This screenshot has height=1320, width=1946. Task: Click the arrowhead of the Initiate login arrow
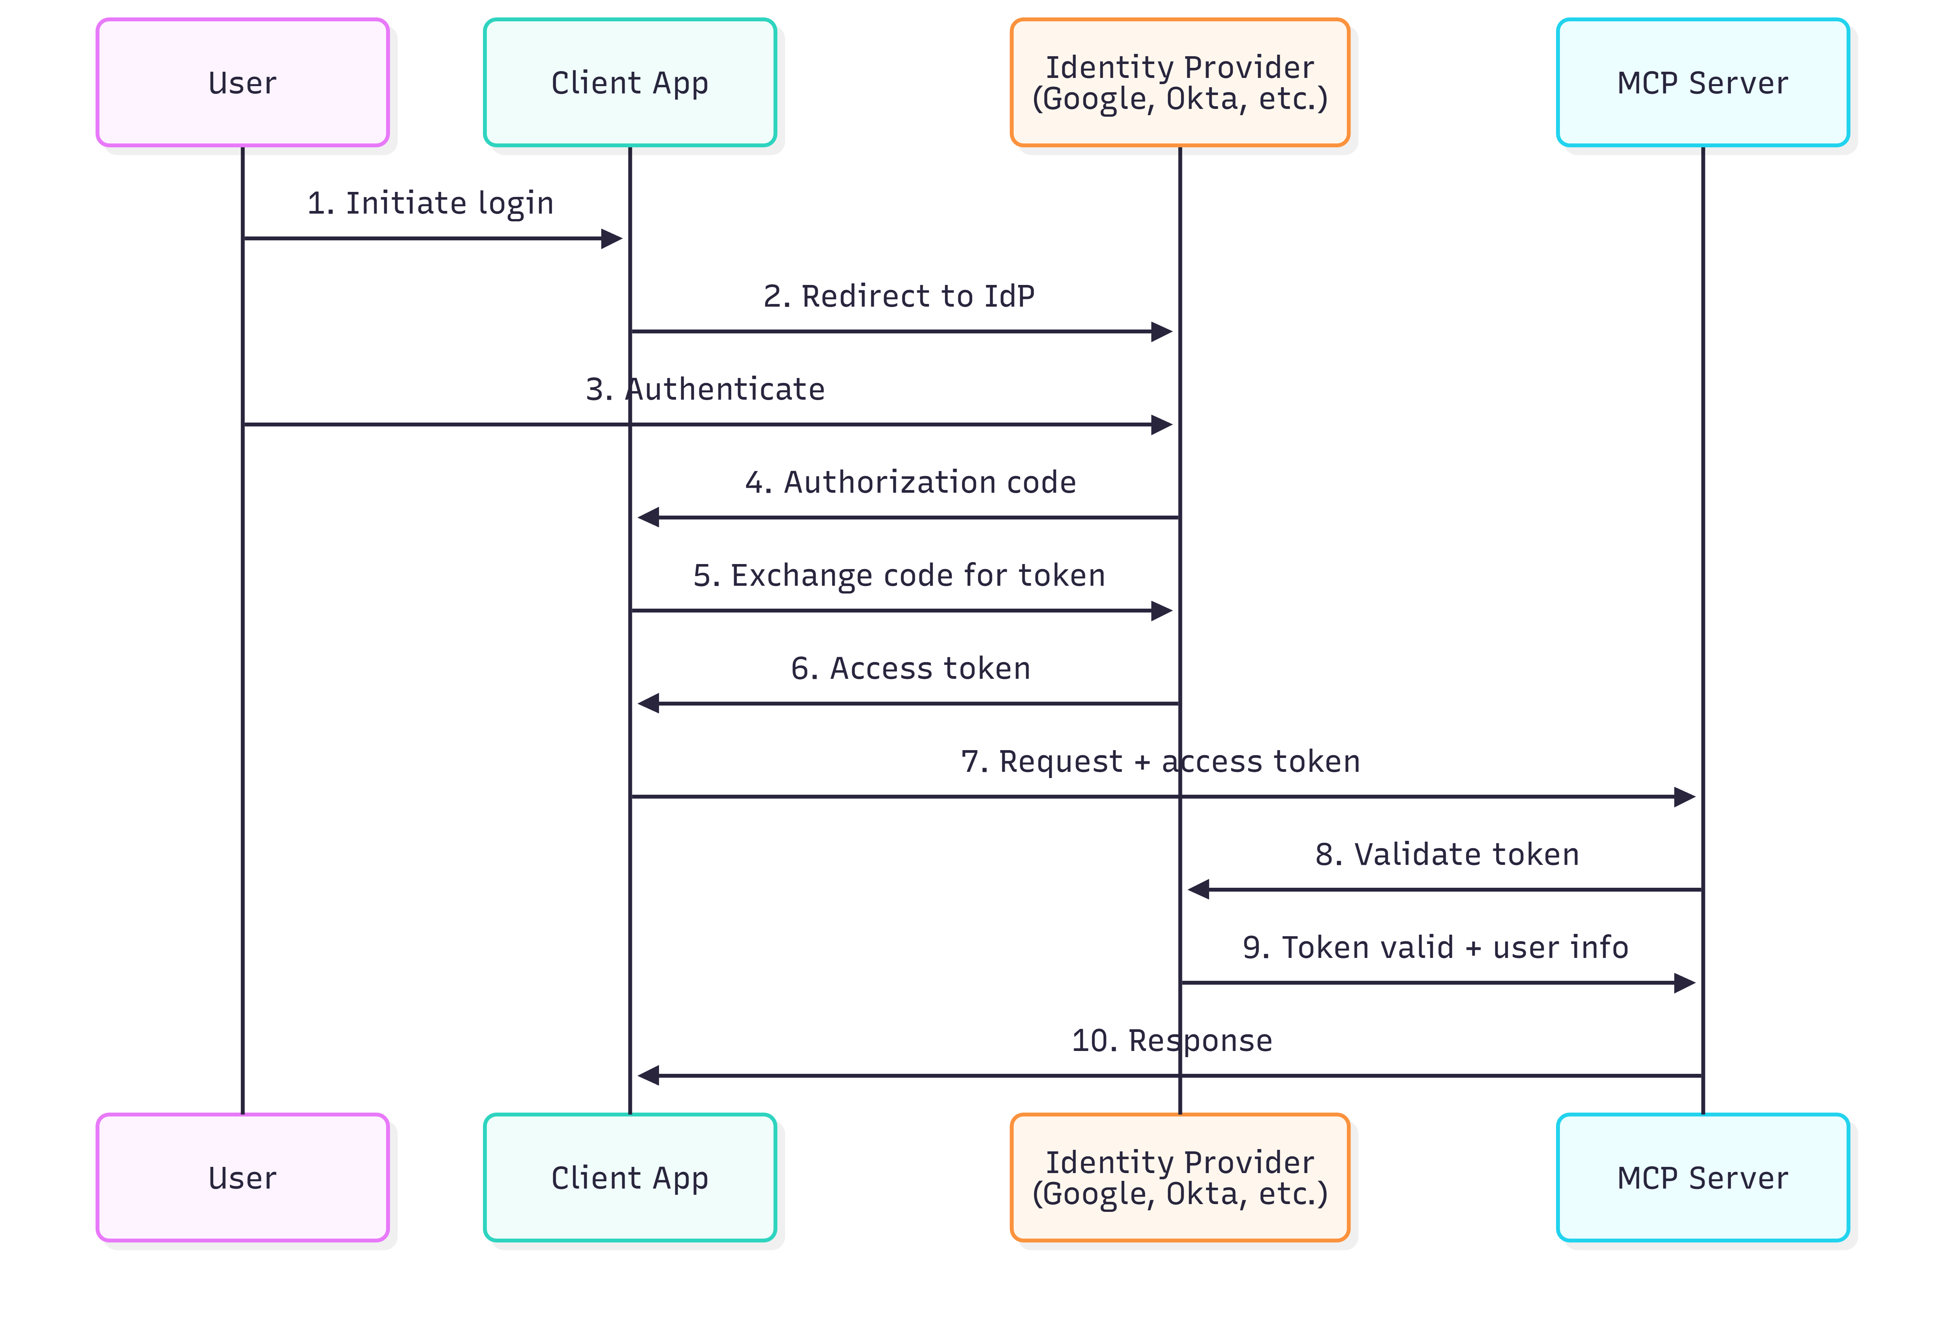click(612, 239)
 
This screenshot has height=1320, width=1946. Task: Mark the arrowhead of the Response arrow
click(648, 1075)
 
